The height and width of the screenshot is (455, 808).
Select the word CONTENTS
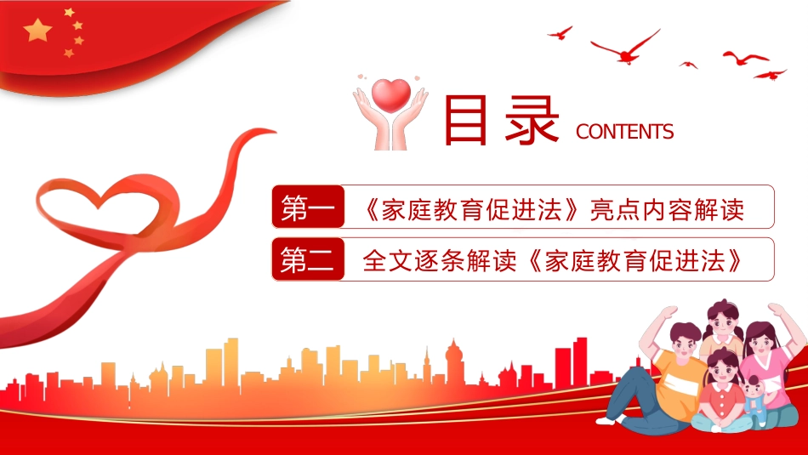click(624, 132)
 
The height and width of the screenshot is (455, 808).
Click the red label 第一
click(308, 208)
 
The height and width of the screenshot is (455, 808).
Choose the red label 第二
click(308, 260)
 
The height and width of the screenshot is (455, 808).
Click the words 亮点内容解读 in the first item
click(668, 208)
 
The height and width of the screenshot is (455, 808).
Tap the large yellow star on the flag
click(38, 31)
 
